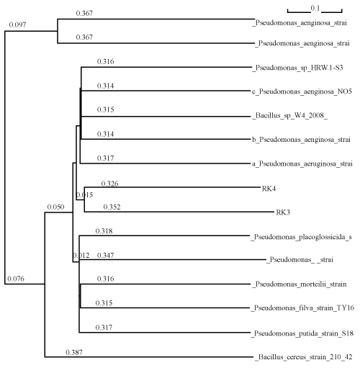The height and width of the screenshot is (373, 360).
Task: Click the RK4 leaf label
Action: click(269, 189)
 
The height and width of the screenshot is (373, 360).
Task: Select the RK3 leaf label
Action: click(283, 212)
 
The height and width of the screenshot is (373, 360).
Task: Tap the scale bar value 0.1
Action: click(315, 9)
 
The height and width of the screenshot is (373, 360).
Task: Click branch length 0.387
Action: click(74, 352)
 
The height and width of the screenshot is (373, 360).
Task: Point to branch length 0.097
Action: click(17, 24)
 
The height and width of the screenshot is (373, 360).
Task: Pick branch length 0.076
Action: click(16, 279)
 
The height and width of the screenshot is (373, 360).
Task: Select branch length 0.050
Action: click(55, 207)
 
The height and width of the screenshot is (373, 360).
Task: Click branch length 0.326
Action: click(109, 184)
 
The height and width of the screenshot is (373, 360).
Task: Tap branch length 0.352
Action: click(112, 207)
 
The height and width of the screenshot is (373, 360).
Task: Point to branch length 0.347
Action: click(106, 255)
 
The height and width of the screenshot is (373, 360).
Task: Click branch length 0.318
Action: click(104, 231)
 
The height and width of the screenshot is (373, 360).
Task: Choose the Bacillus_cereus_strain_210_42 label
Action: click(304, 357)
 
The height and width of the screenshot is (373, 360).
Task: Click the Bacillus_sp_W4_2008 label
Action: click(289, 116)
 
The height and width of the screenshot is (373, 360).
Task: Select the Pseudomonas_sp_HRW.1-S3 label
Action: click(297, 68)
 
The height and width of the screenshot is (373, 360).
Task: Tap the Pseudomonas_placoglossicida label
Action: click(301, 237)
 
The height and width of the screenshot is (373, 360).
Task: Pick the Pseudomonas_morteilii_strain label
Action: click(300, 284)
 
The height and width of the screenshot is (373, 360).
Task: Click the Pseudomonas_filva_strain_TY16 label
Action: click(302, 308)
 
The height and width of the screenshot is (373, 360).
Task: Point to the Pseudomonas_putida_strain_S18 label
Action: click(302, 333)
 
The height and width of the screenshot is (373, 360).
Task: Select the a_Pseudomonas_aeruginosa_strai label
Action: click(302, 164)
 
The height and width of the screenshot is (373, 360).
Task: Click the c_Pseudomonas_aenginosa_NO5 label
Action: click(302, 91)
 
